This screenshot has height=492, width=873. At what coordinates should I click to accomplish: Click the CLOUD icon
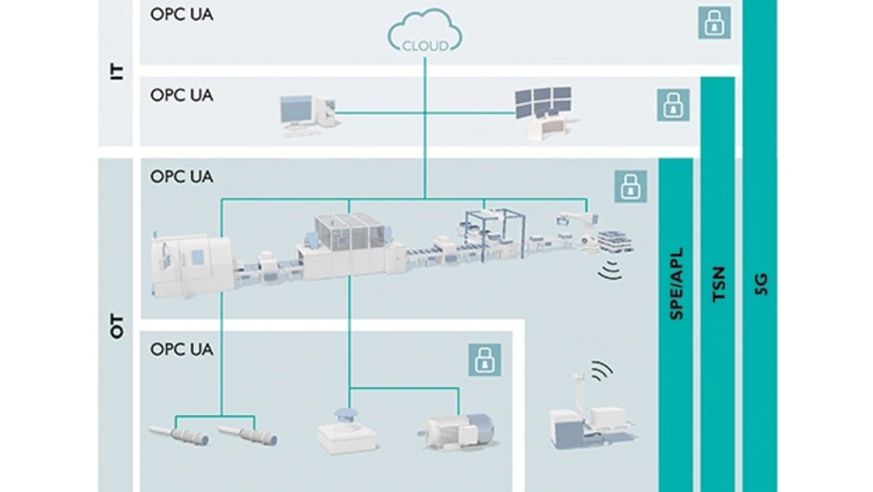pyautogui.click(x=426, y=34)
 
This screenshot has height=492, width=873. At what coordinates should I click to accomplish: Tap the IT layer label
pyautogui.click(x=117, y=72)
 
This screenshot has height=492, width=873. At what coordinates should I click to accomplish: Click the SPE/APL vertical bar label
pyautogui.click(x=677, y=284)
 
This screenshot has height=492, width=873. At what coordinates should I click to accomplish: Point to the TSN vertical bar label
pyautogui.click(x=717, y=284)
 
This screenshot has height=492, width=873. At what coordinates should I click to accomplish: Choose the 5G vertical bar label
pyautogui.click(x=761, y=284)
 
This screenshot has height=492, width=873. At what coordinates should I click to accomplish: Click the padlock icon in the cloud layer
pyautogui.click(x=714, y=23)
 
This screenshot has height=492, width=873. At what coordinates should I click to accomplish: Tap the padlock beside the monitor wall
pyautogui.click(x=673, y=105)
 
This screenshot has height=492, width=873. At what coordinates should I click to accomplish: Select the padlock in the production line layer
pyautogui.click(x=630, y=186)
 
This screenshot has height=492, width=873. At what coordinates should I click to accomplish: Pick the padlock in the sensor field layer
pyautogui.click(x=485, y=360)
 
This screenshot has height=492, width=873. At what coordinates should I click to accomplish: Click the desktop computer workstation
pyautogui.click(x=306, y=115)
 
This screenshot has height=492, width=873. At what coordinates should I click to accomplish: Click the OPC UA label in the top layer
pyautogui.click(x=181, y=13)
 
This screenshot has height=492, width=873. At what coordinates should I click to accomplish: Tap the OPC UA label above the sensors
pyautogui.click(x=181, y=349)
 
